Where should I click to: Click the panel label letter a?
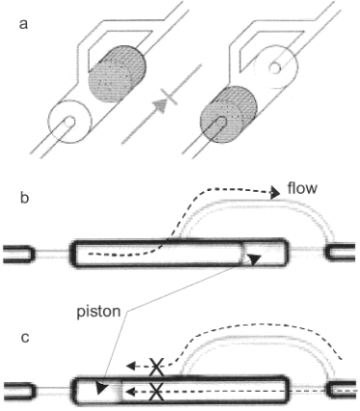click(x=23, y=24)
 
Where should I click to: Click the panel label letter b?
click(x=24, y=198)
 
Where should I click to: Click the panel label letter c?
click(x=24, y=338)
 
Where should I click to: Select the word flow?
click(x=302, y=188)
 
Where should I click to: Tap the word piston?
click(x=98, y=312)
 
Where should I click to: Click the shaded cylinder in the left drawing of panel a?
click(x=117, y=74)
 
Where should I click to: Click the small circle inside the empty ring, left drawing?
click(x=69, y=123)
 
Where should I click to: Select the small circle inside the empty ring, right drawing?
click(x=275, y=68)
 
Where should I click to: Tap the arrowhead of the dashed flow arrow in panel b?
click(x=275, y=193)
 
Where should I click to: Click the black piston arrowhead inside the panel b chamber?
click(x=254, y=260)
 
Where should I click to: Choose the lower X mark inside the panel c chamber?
click(x=156, y=392)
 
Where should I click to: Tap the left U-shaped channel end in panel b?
click(x=18, y=255)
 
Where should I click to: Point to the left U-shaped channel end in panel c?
click(x=18, y=391)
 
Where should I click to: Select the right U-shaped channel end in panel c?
click(x=342, y=390)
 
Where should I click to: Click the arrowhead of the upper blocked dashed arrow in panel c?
click(x=129, y=366)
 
